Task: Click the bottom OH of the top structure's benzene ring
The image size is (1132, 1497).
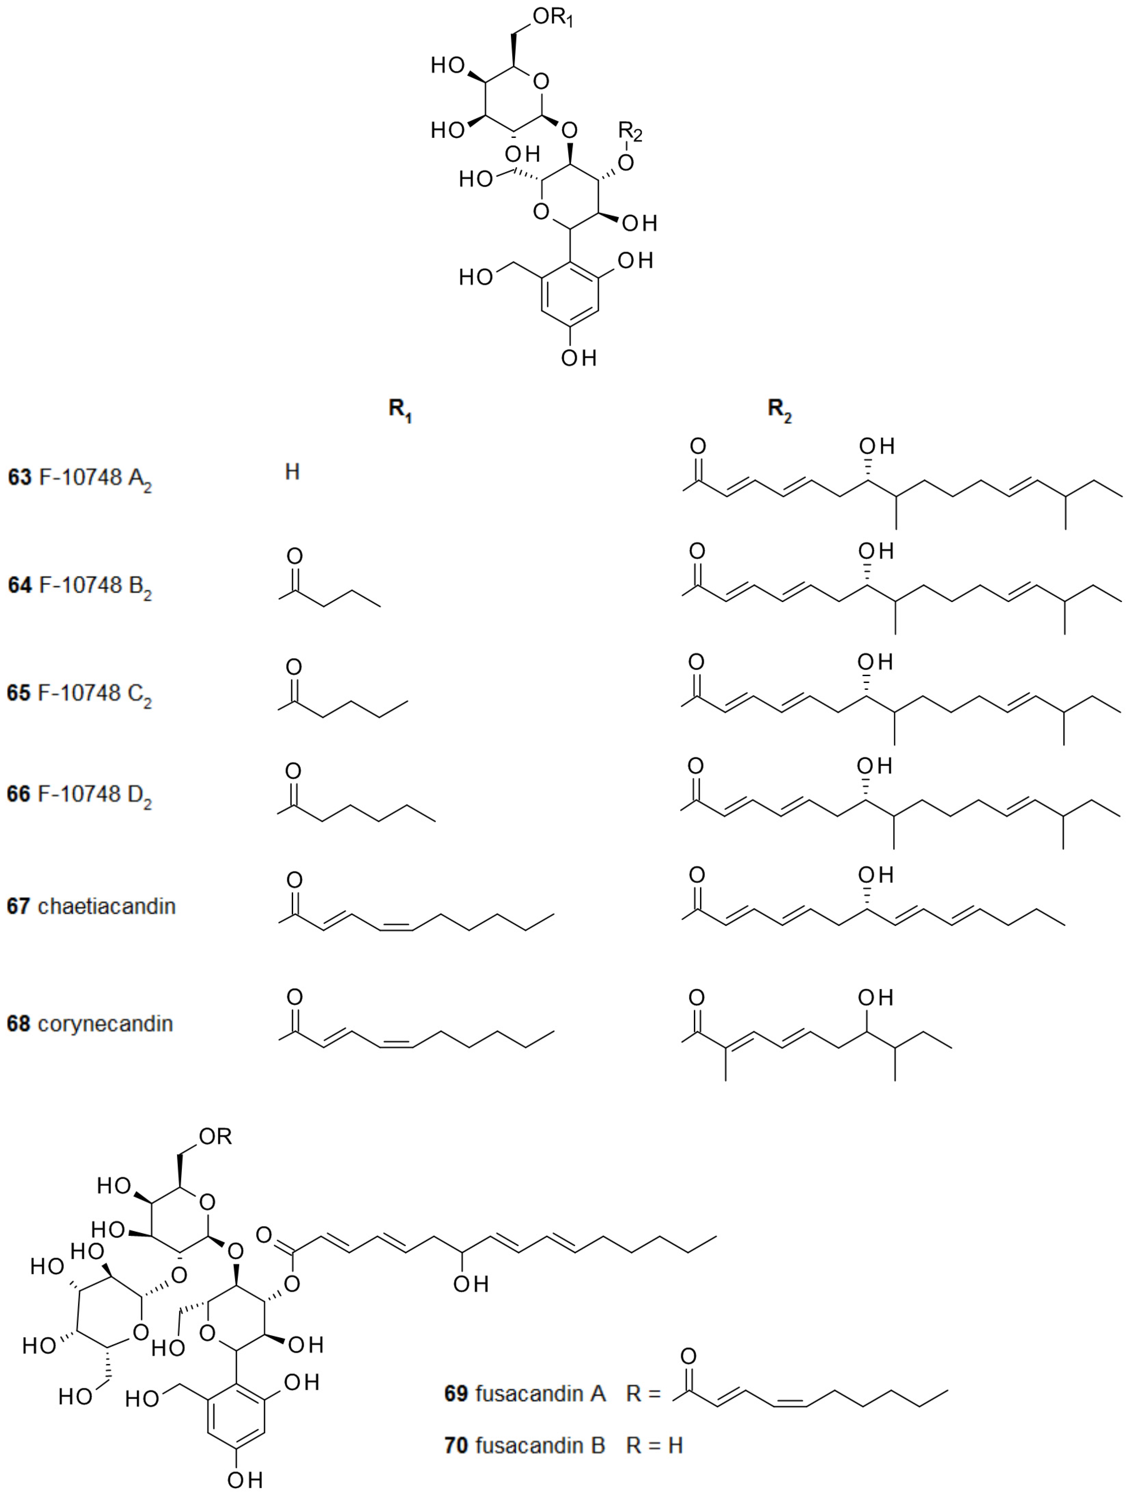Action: coord(578,358)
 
